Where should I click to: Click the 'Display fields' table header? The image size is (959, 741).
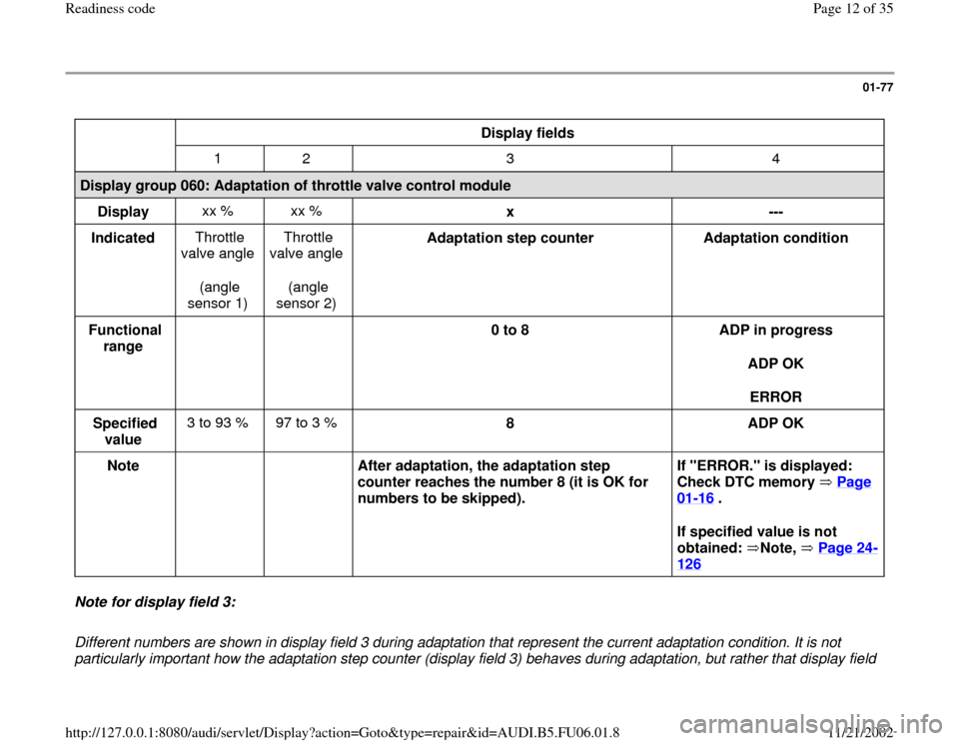tap(528, 133)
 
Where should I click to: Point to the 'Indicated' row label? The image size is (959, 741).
tap(125, 240)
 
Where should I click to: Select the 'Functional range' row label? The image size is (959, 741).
tap(125, 338)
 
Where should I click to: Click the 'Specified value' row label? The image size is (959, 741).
tap(125, 430)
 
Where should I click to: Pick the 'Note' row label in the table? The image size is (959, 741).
tap(125, 466)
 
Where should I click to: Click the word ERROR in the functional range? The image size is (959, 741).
tap(776, 396)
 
